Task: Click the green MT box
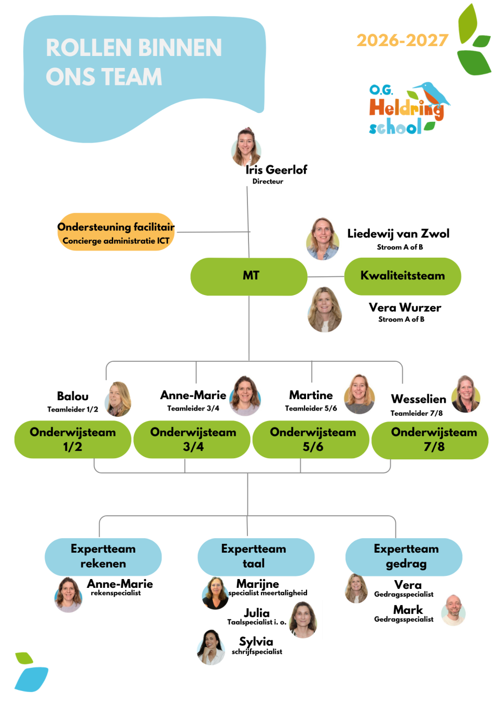(248, 277)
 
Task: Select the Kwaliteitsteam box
(403, 276)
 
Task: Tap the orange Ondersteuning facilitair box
(116, 232)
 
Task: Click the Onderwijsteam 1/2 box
(73, 440)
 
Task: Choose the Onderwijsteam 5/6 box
(311, 440)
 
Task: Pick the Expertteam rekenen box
(103, 557)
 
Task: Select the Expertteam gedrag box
(404, 557)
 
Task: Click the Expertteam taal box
(256, 557)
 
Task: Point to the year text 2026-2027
(403, 40)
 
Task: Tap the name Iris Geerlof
(276, 170)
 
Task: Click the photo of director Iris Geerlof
(246, 147)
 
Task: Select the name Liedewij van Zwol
(398, 233)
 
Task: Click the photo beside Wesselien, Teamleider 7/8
(466, 394)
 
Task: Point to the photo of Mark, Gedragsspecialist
(453, 610)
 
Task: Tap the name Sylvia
(256, 641)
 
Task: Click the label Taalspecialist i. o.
(257, 622)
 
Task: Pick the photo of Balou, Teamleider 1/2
(118, 399)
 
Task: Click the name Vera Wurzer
(405, 307)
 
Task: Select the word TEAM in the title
(131, 77)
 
